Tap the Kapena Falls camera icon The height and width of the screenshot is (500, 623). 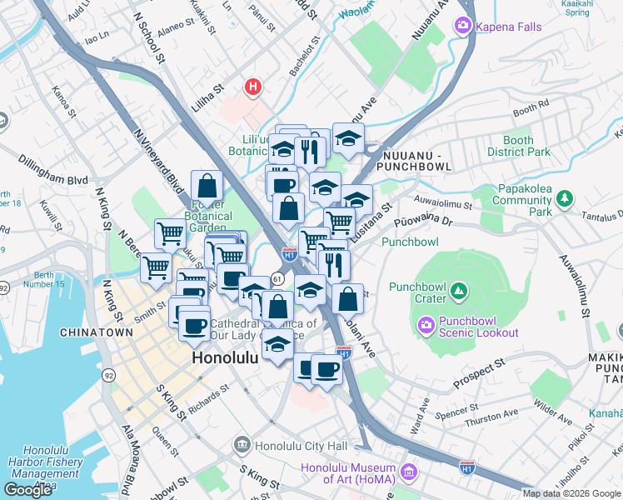point(461,27)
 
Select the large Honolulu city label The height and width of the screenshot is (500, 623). point(231,357)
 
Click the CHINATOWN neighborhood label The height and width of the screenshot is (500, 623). point(97,332)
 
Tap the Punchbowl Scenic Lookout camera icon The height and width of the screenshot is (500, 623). point(426,322)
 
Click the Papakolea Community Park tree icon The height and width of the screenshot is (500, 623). point(566,198)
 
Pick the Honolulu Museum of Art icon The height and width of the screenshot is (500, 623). point(408,472)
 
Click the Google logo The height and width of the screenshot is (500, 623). point(28,489)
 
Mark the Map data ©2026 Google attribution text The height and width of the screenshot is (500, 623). point(571,493)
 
